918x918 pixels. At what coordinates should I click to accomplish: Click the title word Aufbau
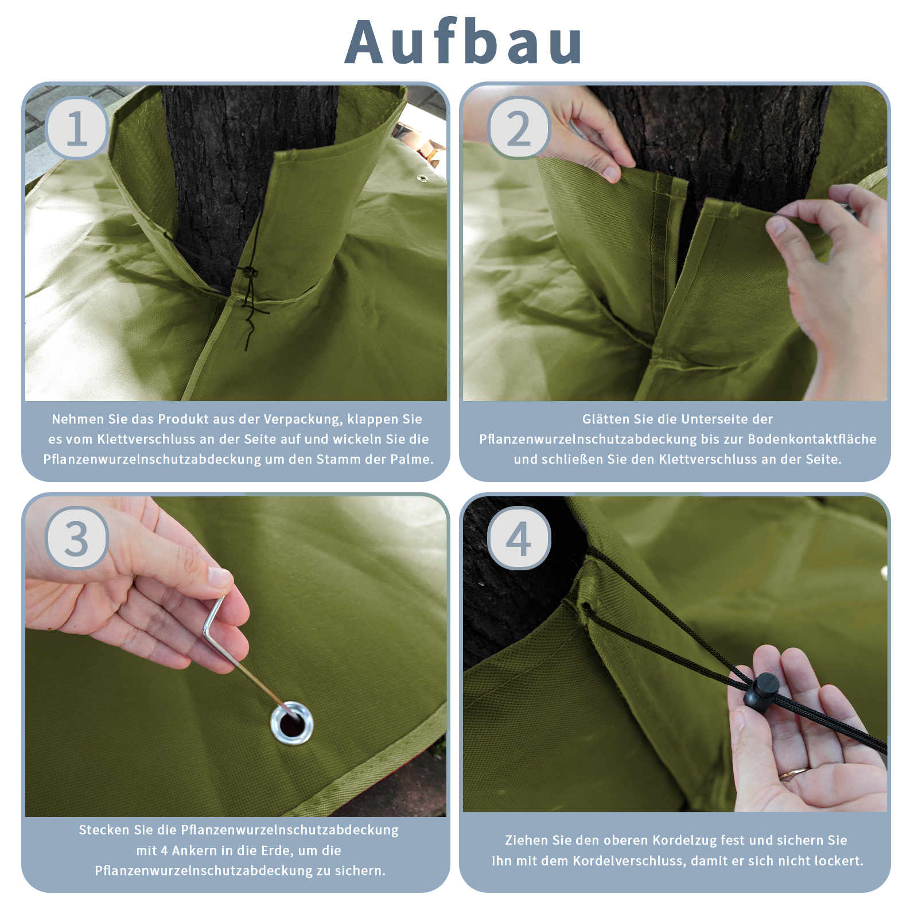coord(464,42)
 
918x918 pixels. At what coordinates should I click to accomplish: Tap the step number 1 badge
coord(77,128)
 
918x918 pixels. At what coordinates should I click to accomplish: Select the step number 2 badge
coord(519,128)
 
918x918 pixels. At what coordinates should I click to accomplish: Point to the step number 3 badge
coord(77,538)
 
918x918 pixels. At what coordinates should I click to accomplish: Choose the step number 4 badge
coord(519,538)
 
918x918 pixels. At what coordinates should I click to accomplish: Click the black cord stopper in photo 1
coord(248,272)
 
